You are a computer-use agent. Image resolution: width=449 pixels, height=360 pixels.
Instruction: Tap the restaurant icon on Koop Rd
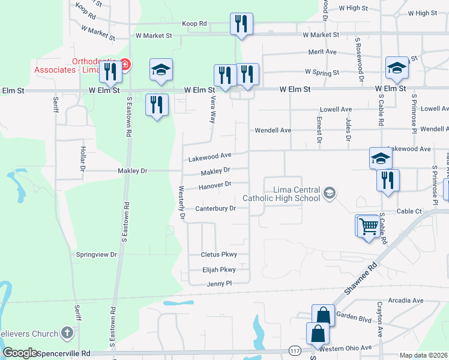[x=241, y=25]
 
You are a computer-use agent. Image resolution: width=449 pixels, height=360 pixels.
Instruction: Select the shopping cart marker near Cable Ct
[x=369, y=227]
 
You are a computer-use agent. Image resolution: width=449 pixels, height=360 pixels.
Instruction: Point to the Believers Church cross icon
[x=67, y=333]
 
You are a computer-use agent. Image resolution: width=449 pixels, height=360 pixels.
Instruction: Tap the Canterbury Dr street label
[x=215, y=209]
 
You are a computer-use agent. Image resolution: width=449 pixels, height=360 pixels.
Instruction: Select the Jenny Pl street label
[x=219, y=284]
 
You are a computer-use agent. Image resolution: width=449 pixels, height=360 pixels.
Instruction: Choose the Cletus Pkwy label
[x=218, y=255]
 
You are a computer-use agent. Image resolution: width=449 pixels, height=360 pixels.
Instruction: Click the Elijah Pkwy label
[x=218, y=270]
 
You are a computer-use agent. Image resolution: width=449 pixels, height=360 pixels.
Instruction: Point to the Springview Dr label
[x=96, y=255]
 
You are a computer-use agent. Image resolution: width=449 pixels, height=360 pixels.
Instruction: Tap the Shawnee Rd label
[x=361, y=277]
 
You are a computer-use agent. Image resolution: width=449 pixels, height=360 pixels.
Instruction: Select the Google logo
[x=21, y=353]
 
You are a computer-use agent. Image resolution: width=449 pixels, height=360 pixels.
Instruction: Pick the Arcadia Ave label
[x=406, y=300]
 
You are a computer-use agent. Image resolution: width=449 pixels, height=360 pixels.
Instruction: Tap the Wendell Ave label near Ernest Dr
[x=273, y=130]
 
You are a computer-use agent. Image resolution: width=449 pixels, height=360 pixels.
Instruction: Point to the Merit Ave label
[x=321, y=52]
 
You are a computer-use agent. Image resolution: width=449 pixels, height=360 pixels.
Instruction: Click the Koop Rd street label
[x=194, y=24]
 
